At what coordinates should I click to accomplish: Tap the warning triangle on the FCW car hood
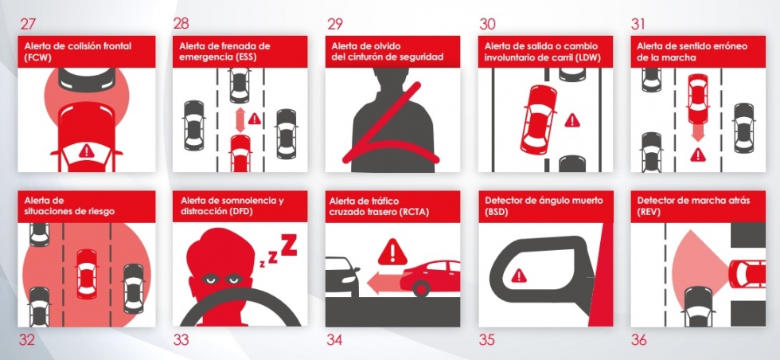[x=87, y=151]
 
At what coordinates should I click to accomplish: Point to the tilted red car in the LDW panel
[x=538, y=119]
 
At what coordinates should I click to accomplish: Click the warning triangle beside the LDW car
[x=572, y=120]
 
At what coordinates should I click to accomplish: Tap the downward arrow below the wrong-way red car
[x=698, y=132]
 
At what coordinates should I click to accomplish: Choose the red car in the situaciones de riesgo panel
[x=87, y=274]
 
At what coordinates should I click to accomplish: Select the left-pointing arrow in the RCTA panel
[x=383, y=284]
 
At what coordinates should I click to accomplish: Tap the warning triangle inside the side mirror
[x=519, y=275]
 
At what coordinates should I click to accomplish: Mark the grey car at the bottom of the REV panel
[x=698, y=306]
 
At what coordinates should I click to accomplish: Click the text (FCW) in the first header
[x=37, y=57]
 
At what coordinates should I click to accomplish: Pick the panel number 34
[x=335, y=340]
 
